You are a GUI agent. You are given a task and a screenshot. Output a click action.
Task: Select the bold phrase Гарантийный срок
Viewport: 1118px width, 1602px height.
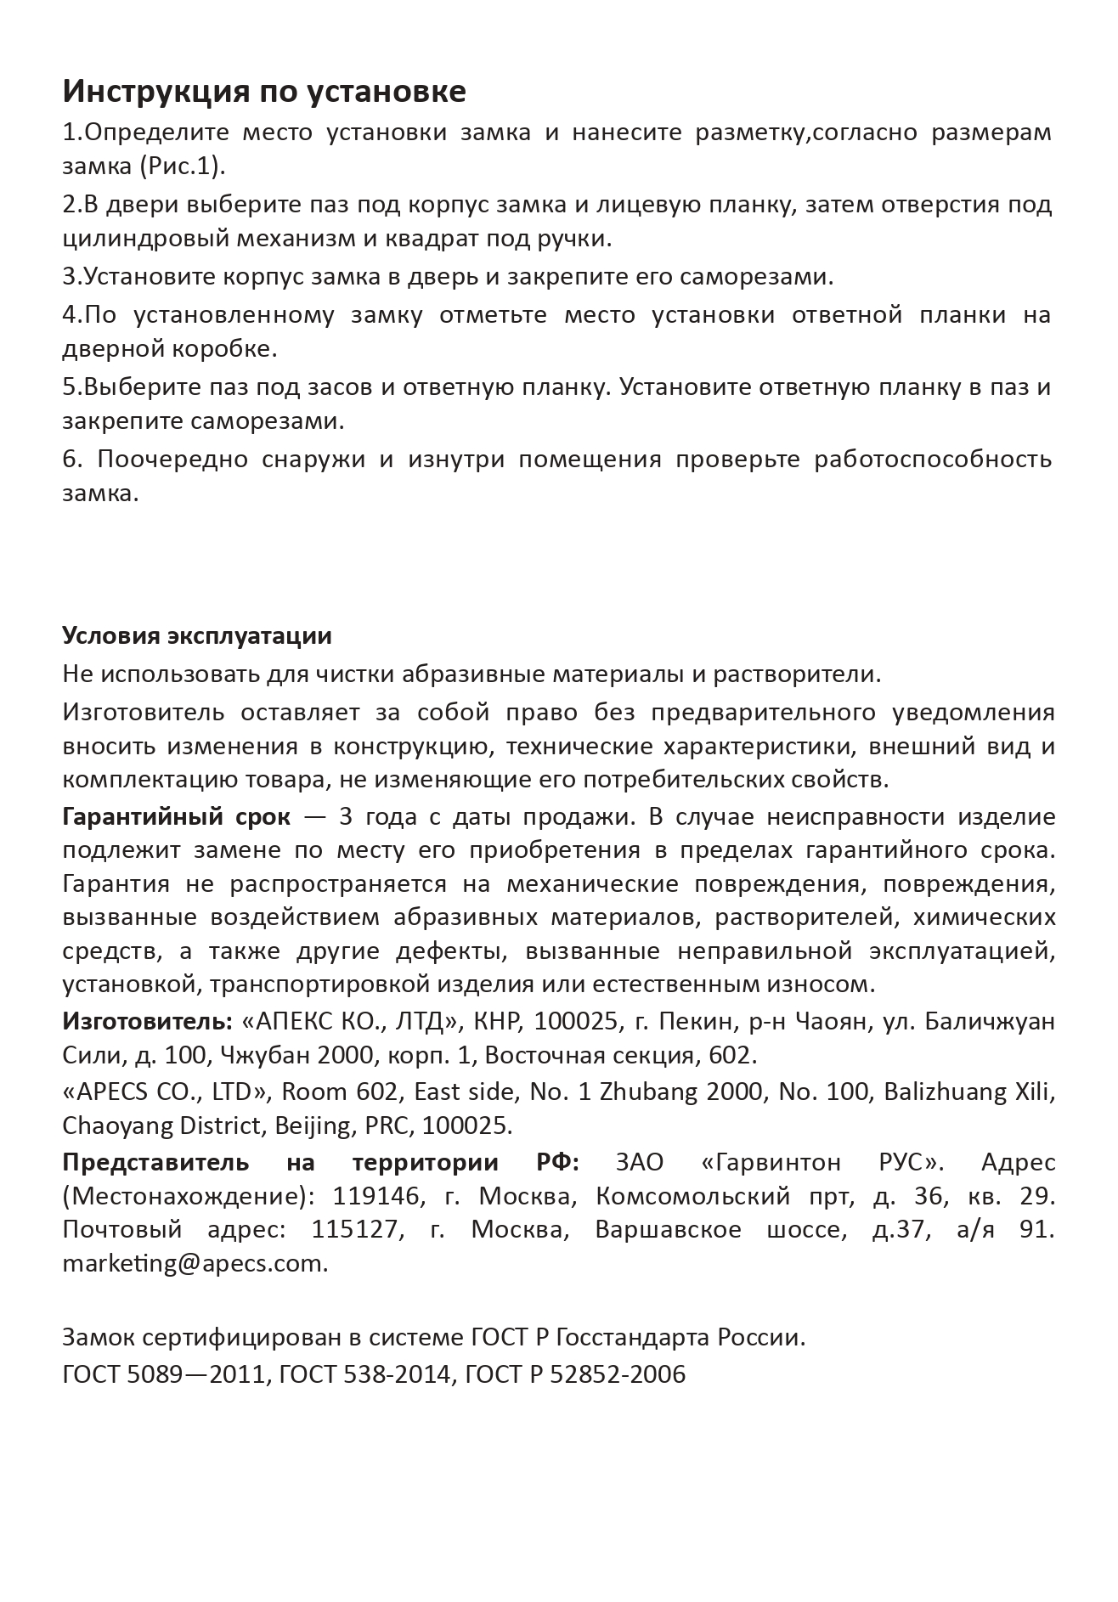click(x=176, y=817)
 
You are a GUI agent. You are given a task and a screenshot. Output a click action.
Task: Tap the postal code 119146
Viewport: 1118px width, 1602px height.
click(x=377, y=1196)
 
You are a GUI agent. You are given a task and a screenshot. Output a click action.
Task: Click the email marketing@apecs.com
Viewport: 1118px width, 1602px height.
click(x=195, y=1263)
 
